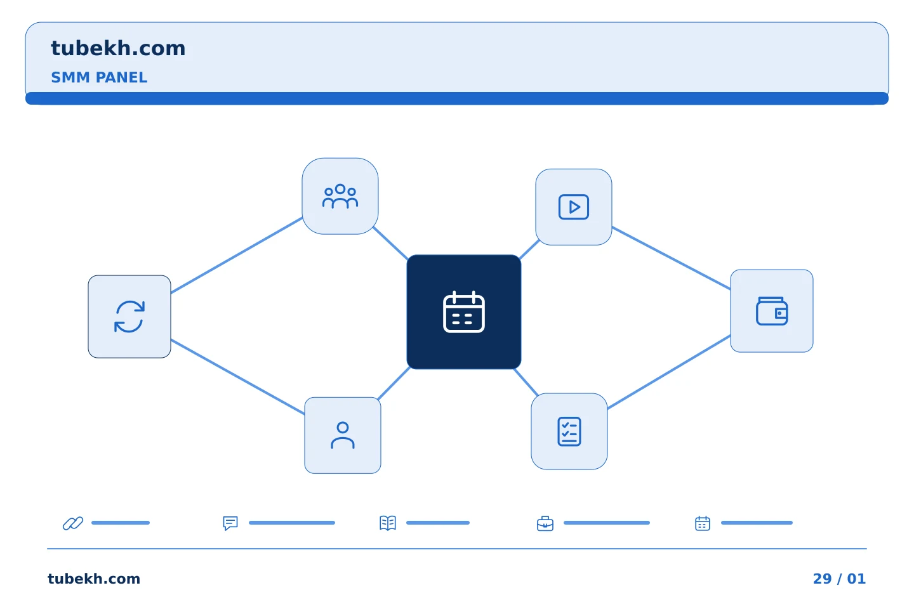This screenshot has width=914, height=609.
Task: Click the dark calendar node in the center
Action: [x=464, y=312]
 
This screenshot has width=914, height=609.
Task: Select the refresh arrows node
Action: [x=129, y=317]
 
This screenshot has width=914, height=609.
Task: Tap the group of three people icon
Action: [x=340, y=196]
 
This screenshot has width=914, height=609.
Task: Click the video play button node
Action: [x=574, y=207]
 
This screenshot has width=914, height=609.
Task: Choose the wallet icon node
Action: [x=772, y=311]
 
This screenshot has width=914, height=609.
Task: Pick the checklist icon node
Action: [x=569, y=431]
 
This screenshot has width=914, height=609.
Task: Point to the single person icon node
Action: [x=343, y=436]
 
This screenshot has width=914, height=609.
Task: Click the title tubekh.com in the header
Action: [x=118, y=48]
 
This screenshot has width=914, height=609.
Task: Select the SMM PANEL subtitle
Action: [x=99, y=77]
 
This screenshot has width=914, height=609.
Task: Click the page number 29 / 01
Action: [x=839, y=579]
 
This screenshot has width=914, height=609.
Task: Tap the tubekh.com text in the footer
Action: [x=94, y=579]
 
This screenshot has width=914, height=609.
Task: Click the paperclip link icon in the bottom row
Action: [x=73, y=523]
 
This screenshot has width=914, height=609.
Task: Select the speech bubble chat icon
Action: [x=230, y=523]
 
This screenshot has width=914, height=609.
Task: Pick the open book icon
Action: [x=388, y=523]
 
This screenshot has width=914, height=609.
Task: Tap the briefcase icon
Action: [x=545, y=523]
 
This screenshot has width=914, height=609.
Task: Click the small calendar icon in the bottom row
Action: [x=703, y=523]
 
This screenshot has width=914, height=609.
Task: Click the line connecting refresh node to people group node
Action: [x=237, y=256]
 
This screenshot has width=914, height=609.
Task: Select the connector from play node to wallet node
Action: [x=672, y=258]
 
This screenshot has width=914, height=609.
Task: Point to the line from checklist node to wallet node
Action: [x=669, y=372]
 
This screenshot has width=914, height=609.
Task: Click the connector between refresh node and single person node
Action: [x=238, y=377]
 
